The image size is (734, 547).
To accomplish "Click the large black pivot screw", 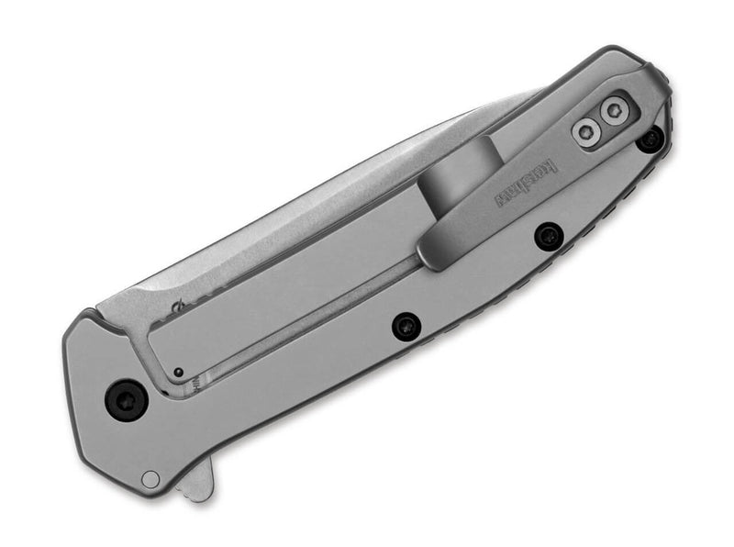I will coord(125,400).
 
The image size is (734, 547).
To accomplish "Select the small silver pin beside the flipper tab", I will coord(150,478).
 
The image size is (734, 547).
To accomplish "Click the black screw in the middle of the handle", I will coord(405,326).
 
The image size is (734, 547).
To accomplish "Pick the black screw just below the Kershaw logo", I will coord(549,236).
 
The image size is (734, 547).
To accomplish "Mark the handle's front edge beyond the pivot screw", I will coord(78,385).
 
